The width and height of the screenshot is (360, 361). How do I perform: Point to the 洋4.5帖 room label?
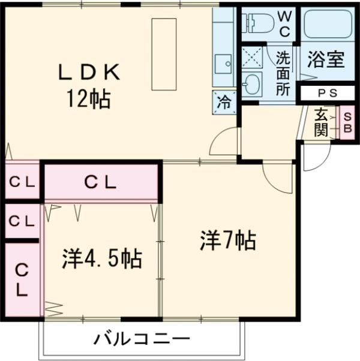pyautogui.click(x=101, y=259)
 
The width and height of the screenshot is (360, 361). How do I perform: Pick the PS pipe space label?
pyautogui.click(x=327, y=93)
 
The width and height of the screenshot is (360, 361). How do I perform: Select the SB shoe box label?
pyautogui.click(x=347, y=122)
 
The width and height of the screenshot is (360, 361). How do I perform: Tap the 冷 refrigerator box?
pyautogui.click(x=223, y=102)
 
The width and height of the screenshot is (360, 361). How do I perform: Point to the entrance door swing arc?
pyautogui.click(x=312, y=159)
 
